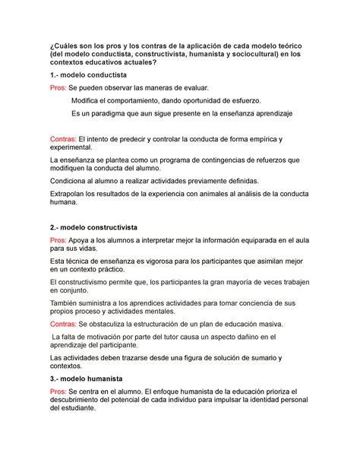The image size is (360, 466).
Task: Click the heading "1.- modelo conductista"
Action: [x=93, y=76]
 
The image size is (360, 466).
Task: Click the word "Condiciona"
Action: [x=72, y=182]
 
